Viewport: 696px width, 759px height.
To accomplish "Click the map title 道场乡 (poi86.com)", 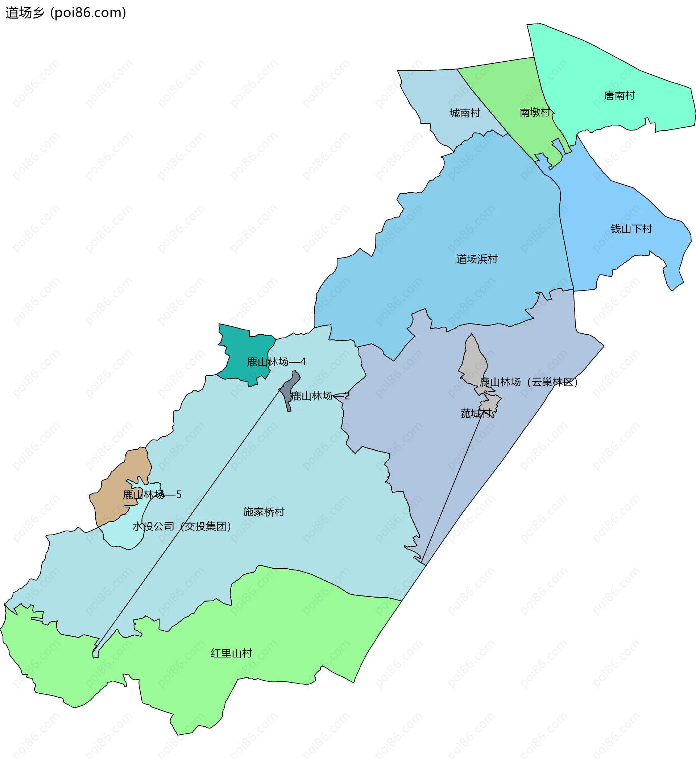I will [66, 13].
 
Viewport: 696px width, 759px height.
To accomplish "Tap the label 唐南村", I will [619, 96].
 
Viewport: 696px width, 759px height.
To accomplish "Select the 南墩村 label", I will [535, 112].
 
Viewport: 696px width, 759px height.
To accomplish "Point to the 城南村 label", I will [465, 113].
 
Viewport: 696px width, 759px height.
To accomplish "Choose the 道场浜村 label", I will [477, 259].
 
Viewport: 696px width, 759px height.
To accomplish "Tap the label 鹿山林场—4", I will [276, 362].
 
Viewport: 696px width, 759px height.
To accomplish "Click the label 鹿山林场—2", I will [320, 396].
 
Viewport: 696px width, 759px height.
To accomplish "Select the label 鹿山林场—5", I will [152, 495].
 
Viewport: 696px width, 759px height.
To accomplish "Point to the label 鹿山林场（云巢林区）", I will [529, 382].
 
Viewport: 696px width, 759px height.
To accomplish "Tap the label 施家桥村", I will [264, 512].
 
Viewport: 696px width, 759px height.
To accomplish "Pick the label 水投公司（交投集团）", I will [182, 526].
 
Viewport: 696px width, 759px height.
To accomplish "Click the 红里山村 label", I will [231, 653].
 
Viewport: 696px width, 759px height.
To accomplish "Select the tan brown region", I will [113, 490].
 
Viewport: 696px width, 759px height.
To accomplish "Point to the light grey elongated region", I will [473, 362].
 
